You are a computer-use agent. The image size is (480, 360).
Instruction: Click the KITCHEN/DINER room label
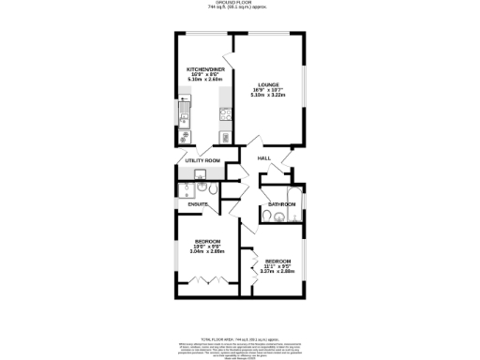click(x=203, y=69)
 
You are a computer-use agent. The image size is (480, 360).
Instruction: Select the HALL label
click(x=264, y=158)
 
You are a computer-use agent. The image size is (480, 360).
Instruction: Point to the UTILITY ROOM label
click(x=202, y=160)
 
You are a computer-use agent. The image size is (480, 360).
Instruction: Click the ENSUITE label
click(x=198, y=202)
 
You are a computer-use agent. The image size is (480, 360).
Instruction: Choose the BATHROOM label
click(x=282, y=203)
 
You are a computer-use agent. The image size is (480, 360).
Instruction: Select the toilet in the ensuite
click(x=215, y=192)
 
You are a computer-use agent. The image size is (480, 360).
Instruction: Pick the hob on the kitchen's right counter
click(x=226, y=116)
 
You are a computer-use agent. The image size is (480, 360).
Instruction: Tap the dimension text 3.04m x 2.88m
click(x=207, y=251)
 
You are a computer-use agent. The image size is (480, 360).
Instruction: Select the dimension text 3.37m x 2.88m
click(x=277, y=272)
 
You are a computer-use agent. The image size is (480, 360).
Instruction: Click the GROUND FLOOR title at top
click(x=240, y=3)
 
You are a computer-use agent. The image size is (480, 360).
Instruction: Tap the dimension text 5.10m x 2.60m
click(x=203, y=81)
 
